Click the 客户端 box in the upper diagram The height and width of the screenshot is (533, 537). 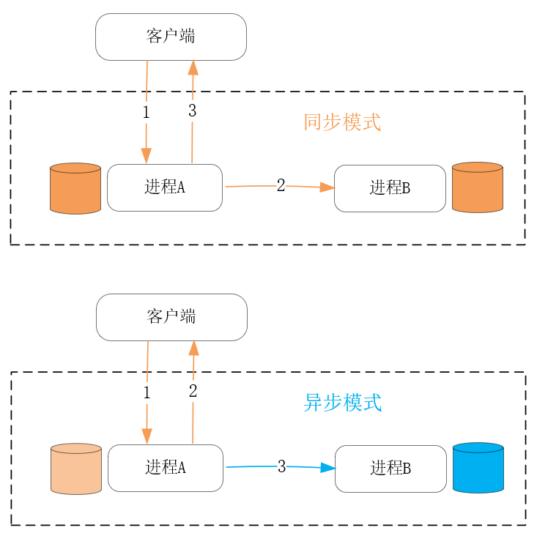[x=171, y=37]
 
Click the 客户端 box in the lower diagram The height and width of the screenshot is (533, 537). [x=171, y=317]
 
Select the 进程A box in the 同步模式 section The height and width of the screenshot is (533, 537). [x=165, y=187]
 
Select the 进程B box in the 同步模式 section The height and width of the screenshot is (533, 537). [x=390, y=188]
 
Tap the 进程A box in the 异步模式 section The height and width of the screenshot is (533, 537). [x=166, y=468]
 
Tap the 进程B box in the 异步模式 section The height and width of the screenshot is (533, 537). [x=390, y=469]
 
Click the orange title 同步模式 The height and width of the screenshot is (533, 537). [x=342, y=122]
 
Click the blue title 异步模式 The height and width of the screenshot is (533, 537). [x=342, y=403]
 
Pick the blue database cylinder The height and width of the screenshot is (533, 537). [x=478, y=467]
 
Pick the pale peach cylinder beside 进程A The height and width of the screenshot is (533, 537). [x=76, y=469]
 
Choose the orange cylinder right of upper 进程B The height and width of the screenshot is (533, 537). [x=478, y=187]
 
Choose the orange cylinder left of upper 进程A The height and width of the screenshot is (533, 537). [x=75, y=188]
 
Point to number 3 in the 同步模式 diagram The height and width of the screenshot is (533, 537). [x=193, y=111]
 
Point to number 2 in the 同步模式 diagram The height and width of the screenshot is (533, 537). [x=281, y=185]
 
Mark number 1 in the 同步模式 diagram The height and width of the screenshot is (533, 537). [x=146, y=113]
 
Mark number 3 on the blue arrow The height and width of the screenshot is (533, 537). [x=281, y=466]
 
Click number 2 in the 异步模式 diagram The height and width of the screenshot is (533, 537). [x=193, y=392]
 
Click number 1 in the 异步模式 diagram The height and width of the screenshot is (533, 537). [x=147, y=393]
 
